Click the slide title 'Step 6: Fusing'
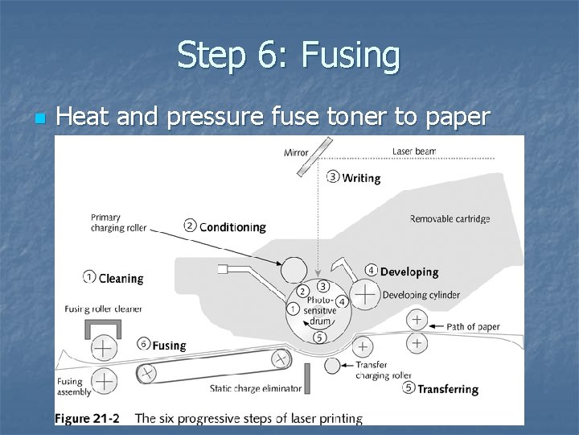tap(289, 56)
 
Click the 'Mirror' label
tap(296, 152)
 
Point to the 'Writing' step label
tap(361, 178)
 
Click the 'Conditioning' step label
tap(232, 226)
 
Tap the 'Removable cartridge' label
tap(450, 218)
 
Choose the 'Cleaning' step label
tap(121, 278)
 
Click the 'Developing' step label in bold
tap(409, 271)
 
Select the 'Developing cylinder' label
tap(421, 295)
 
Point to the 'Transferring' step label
tap(447, 389)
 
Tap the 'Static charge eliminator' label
tap(256, 388)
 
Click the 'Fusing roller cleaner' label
tap(104, 309)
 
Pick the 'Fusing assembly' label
tap(74, 387)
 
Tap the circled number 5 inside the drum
tap(319, 337)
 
